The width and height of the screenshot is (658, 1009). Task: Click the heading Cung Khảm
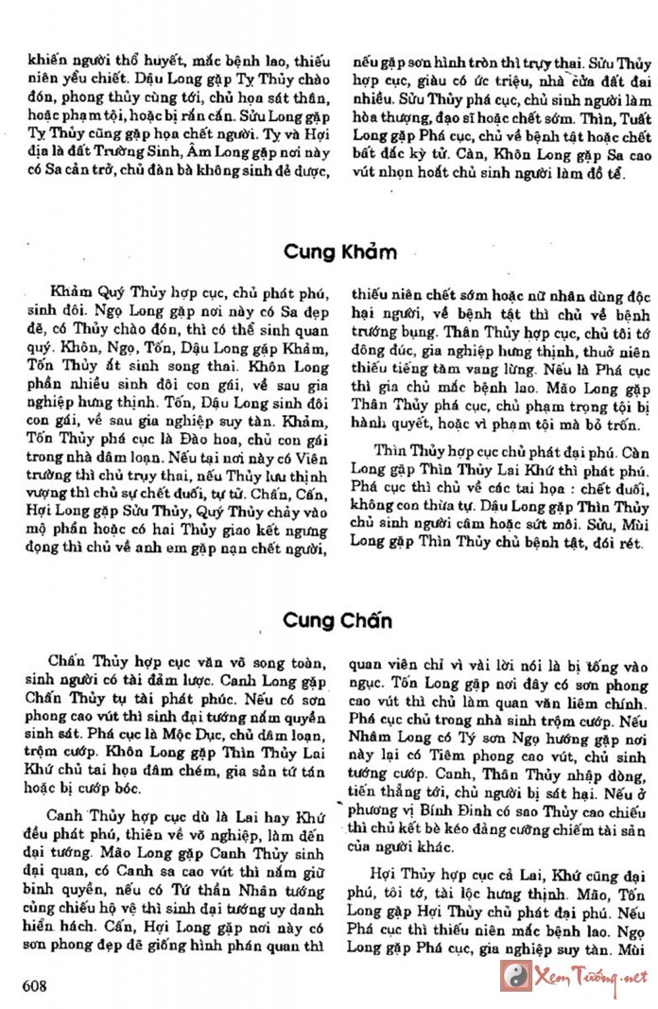340,252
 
